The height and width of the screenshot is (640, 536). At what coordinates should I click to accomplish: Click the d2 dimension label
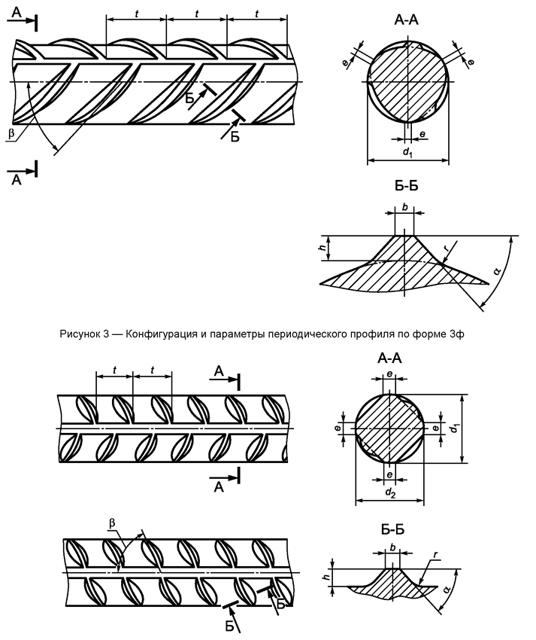tap(389, 493)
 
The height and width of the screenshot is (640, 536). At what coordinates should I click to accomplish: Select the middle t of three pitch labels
tap(196, 14)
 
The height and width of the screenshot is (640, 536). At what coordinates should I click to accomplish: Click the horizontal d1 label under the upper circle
tap(407, 153)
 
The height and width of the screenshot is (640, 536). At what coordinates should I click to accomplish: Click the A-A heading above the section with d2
tap(389, 358)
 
